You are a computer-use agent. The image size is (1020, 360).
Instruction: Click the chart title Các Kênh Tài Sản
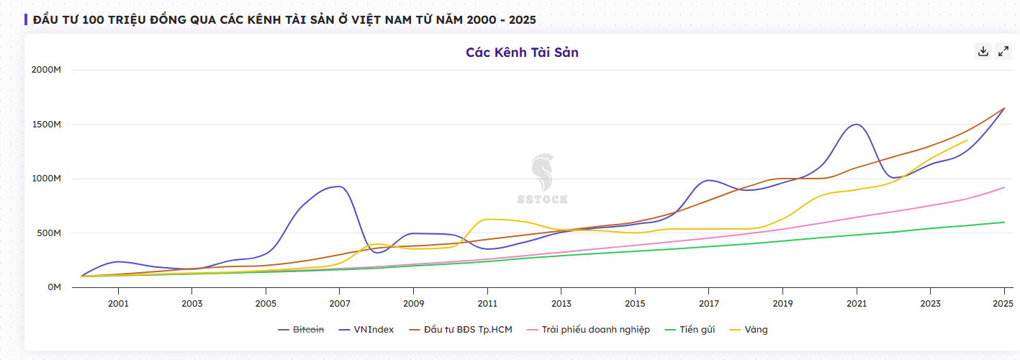(522, 53)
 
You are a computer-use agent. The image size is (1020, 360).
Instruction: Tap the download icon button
(983, 51)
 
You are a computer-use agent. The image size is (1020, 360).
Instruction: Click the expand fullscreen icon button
(1003, 51)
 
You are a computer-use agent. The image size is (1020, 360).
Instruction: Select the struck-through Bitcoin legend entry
(301, 330)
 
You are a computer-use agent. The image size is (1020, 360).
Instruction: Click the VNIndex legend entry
(366, 330)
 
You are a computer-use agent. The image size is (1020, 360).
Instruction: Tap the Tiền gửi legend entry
(690, 330)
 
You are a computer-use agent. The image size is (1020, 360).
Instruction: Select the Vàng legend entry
(749, 330)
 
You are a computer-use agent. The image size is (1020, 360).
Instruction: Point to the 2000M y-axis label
(46, 70)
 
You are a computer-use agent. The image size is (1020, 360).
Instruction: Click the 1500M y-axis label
(46, 125)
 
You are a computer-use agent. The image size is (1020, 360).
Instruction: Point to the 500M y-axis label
(49, 233)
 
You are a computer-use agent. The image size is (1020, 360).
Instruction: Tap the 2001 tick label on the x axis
(118, 304)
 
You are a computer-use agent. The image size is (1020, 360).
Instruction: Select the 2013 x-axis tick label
(561, 304)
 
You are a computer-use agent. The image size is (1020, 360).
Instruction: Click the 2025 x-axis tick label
(1003, 304)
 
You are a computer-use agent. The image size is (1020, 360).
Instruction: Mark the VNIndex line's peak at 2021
(856, 125)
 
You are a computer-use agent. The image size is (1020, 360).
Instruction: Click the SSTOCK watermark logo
(543, 179)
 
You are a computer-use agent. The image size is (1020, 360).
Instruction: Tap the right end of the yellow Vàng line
(967, 140)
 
